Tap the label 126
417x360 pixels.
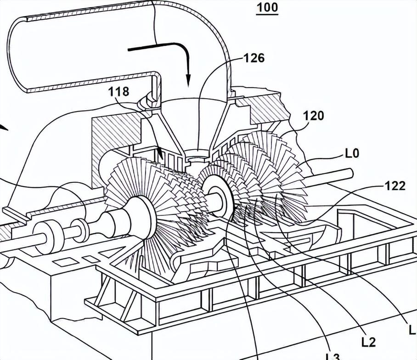tap(254, 58)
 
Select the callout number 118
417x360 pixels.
tap(118, 91)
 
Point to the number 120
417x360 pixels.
tap(314, 116)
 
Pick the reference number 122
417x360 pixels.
tap(395, 186)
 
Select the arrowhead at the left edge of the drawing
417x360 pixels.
tap(4, 128)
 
